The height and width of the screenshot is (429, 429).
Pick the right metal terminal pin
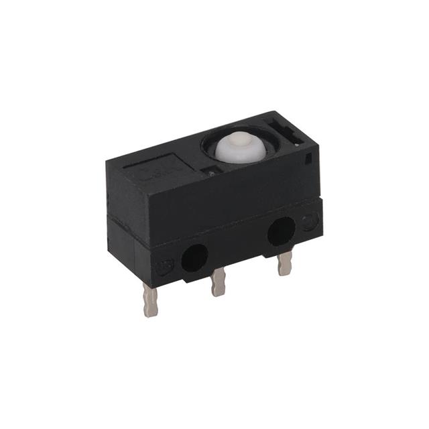tap(284, 263)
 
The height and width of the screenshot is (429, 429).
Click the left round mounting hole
tap(194, 257)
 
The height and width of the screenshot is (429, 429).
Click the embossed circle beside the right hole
tap(309, 222)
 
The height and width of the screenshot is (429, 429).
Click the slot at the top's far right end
tap(287, 128)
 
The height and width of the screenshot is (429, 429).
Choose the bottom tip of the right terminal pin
tap(285, 271)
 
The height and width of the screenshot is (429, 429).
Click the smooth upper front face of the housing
tap(221, 194)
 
